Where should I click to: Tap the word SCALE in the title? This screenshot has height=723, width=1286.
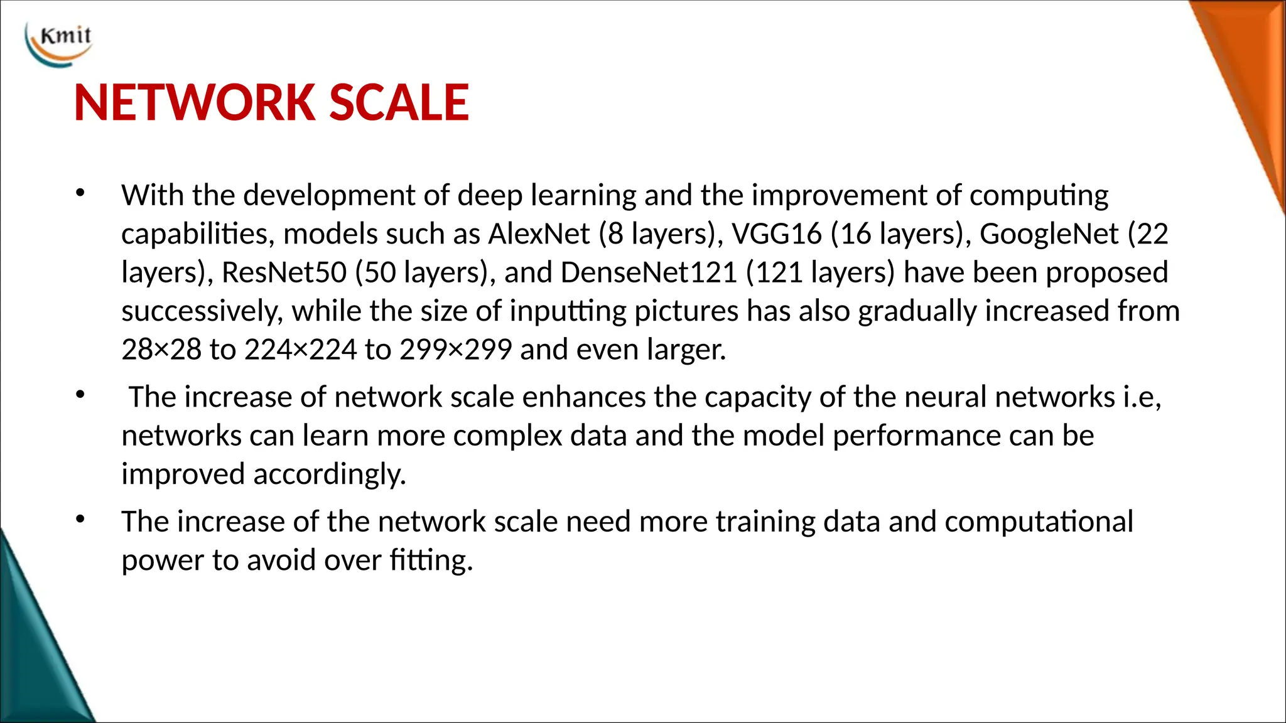coord(399,103)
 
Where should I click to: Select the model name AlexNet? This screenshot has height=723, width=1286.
coord(539,234)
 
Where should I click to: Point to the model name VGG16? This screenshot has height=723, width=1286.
coord(777,234)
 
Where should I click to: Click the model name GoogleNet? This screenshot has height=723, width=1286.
coord(1049,234)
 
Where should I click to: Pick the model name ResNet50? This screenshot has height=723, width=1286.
coord(284,272)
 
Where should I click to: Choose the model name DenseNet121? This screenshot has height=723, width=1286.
coord(648,272)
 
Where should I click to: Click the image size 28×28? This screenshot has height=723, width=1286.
coord(161,350)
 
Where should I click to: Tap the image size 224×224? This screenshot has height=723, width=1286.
coord(300,350)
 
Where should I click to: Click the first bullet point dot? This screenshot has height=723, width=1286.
coord(80,194)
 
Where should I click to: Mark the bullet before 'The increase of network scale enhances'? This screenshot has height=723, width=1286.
coord(80,395)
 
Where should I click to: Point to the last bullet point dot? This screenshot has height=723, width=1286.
coord(80,520)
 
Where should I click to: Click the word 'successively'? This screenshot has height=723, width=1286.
coord(202,311)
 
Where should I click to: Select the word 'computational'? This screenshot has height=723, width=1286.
coord(1039,522)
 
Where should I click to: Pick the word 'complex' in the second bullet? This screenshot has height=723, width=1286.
coord(507,436)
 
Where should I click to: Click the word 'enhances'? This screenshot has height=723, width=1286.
coord(583,397)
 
